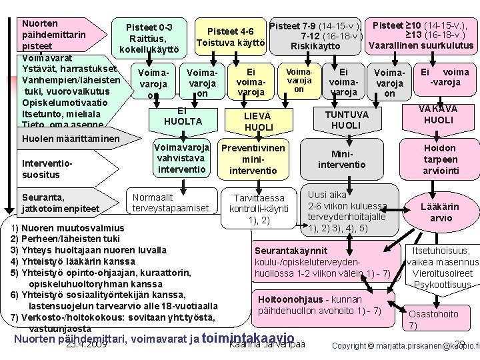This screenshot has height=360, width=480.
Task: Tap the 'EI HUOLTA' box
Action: pyautogui.click(x=181, y=117)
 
